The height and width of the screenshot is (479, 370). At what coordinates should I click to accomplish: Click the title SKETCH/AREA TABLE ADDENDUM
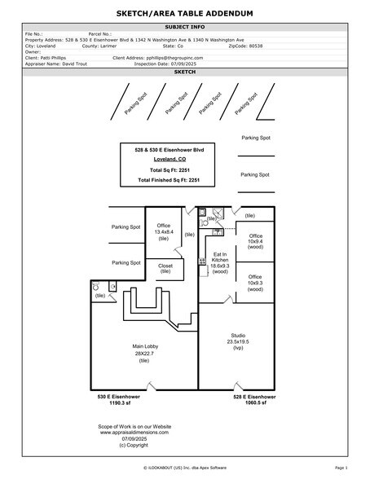click(185, 14)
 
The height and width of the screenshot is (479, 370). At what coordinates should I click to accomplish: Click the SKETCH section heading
click(185, 72)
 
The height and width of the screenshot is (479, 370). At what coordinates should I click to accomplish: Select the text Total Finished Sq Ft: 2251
click(167, 201)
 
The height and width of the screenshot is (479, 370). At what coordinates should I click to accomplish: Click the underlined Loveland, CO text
click(167, 182)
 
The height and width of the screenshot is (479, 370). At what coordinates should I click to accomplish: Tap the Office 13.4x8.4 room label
click(164, 231)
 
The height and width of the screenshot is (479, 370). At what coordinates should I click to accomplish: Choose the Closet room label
click(165, 268)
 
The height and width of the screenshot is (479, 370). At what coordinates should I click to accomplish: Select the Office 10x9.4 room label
click(255, 241)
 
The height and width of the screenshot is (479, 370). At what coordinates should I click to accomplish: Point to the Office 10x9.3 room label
click(255, 282)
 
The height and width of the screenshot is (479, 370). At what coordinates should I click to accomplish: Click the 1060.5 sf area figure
click(249, 402)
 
